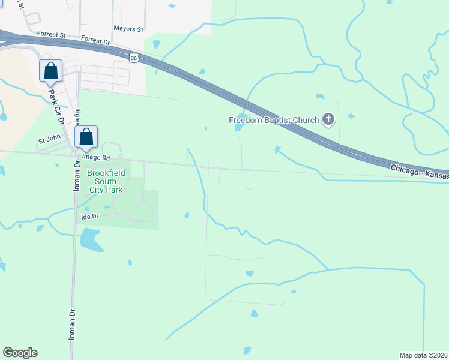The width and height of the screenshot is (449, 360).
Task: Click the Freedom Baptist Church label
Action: click(x=273, y=120)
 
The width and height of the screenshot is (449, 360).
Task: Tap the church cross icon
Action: click(x=328, y=120)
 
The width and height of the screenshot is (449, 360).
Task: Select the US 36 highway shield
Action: click(x=134, y=57)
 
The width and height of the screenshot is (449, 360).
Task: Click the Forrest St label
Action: click(x=51, y=35)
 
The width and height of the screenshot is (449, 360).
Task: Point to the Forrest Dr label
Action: click(x=96, y=40)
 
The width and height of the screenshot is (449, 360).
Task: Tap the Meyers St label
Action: click(x=128, y=29)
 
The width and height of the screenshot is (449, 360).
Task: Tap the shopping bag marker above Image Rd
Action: click(x=86, y=137)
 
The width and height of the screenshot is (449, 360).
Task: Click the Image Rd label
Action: click(x=96, y=158)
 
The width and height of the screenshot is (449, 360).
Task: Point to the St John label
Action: click(x=50, y=141)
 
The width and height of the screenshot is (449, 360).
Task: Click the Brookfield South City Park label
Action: click(x=105, y=181)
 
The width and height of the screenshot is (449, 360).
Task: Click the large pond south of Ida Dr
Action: click(x=90, y=239)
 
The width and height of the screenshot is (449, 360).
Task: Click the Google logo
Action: click(x=20, y=353)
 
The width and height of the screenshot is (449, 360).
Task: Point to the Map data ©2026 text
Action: click(x=423, y=355)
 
